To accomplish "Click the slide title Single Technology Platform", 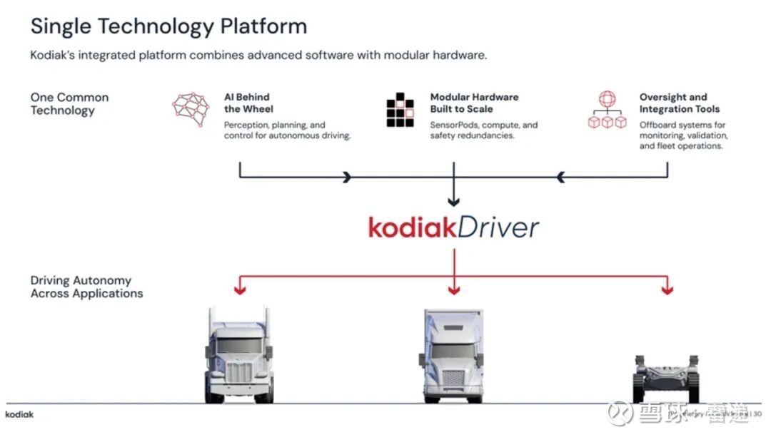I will coord(168,26).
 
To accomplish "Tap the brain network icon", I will coord(191,109).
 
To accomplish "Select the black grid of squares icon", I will coord(400,110).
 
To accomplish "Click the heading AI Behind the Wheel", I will coord(247,103).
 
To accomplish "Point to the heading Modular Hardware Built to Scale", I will coord(474,103).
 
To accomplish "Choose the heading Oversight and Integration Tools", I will coord(679,103).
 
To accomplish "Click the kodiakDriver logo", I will coord(453,228).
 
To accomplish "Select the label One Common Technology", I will coord(69,103).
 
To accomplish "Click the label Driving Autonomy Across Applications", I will coord(86,287).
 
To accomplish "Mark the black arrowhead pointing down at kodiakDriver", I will coord(453,202).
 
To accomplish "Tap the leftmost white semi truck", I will coord(240,354).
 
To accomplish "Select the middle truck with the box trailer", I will coord(453,354).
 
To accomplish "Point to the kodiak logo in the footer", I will coord(19,414).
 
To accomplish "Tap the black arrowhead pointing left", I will coord(561,177).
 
